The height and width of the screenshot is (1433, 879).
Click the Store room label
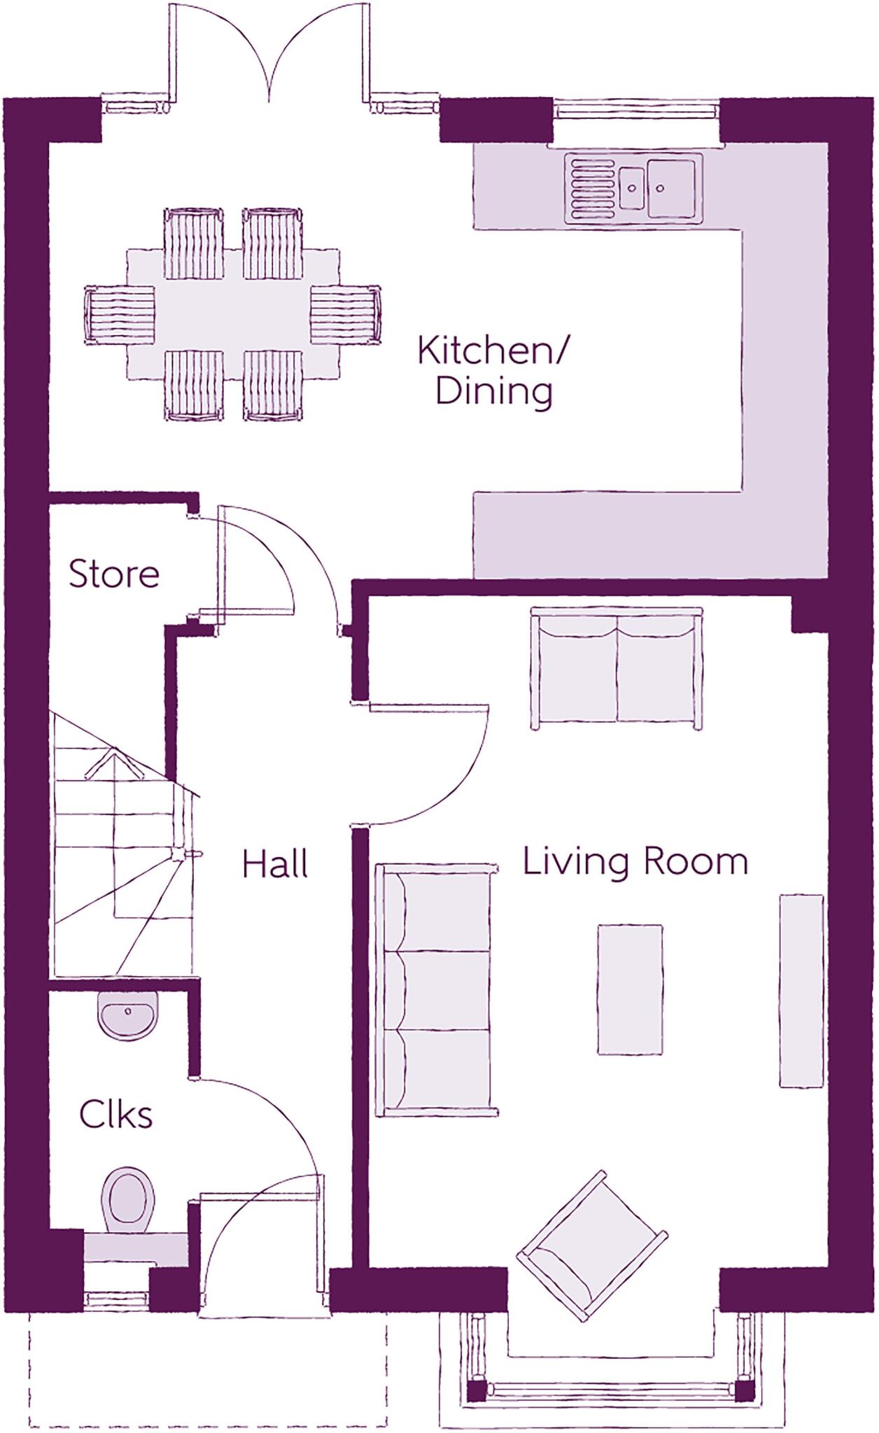pos(114,574)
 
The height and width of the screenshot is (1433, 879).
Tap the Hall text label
pos(275,864)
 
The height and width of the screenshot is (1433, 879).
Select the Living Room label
pos(635,861)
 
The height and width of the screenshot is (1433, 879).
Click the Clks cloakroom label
pos(115,1115)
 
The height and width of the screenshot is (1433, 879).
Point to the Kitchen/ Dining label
pos(494,371)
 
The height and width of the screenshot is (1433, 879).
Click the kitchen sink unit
pos(633,188)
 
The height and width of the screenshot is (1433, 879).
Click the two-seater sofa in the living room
pos(617,668)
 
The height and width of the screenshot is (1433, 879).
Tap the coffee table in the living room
pos(630,989)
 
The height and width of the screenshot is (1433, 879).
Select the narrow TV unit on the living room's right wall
pos(801,991)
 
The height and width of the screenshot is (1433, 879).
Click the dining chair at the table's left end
pos(119,315)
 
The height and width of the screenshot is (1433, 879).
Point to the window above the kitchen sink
pos(635,109)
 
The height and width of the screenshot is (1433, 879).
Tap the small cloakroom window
pos(117,1300)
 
